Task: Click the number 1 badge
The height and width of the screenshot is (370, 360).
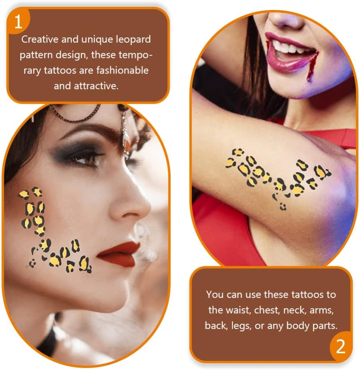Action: [18, 21]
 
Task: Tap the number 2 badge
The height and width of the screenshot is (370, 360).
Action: [340, 346]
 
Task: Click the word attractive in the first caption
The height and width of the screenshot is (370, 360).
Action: [96, 86]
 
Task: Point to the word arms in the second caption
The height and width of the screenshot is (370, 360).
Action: [328, 310]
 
